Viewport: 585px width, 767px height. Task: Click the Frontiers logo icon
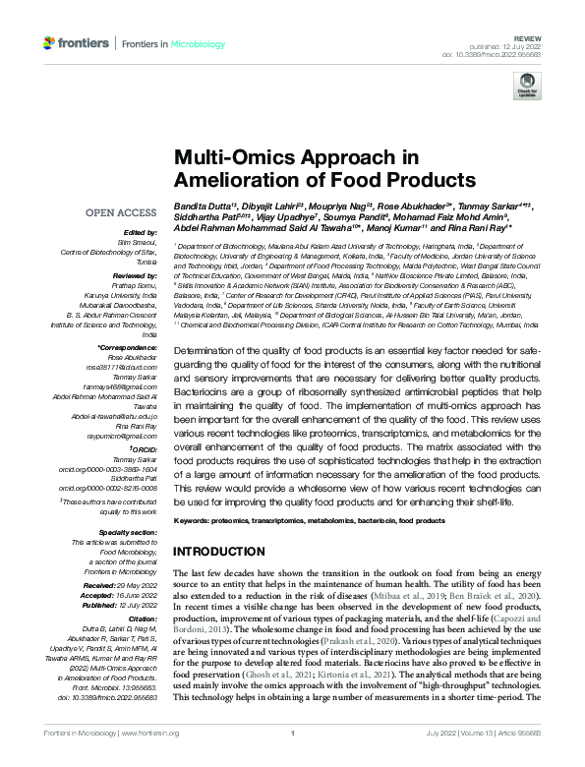pos(50,43)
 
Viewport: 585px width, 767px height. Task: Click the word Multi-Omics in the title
pos(226,158)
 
